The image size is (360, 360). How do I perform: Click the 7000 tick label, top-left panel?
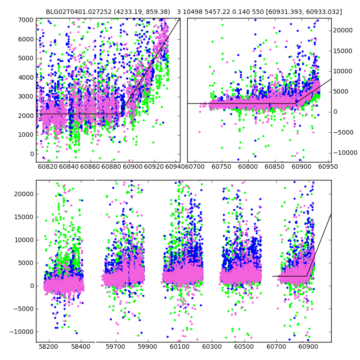coord(26,20)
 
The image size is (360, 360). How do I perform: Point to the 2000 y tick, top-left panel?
coord(26,116)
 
